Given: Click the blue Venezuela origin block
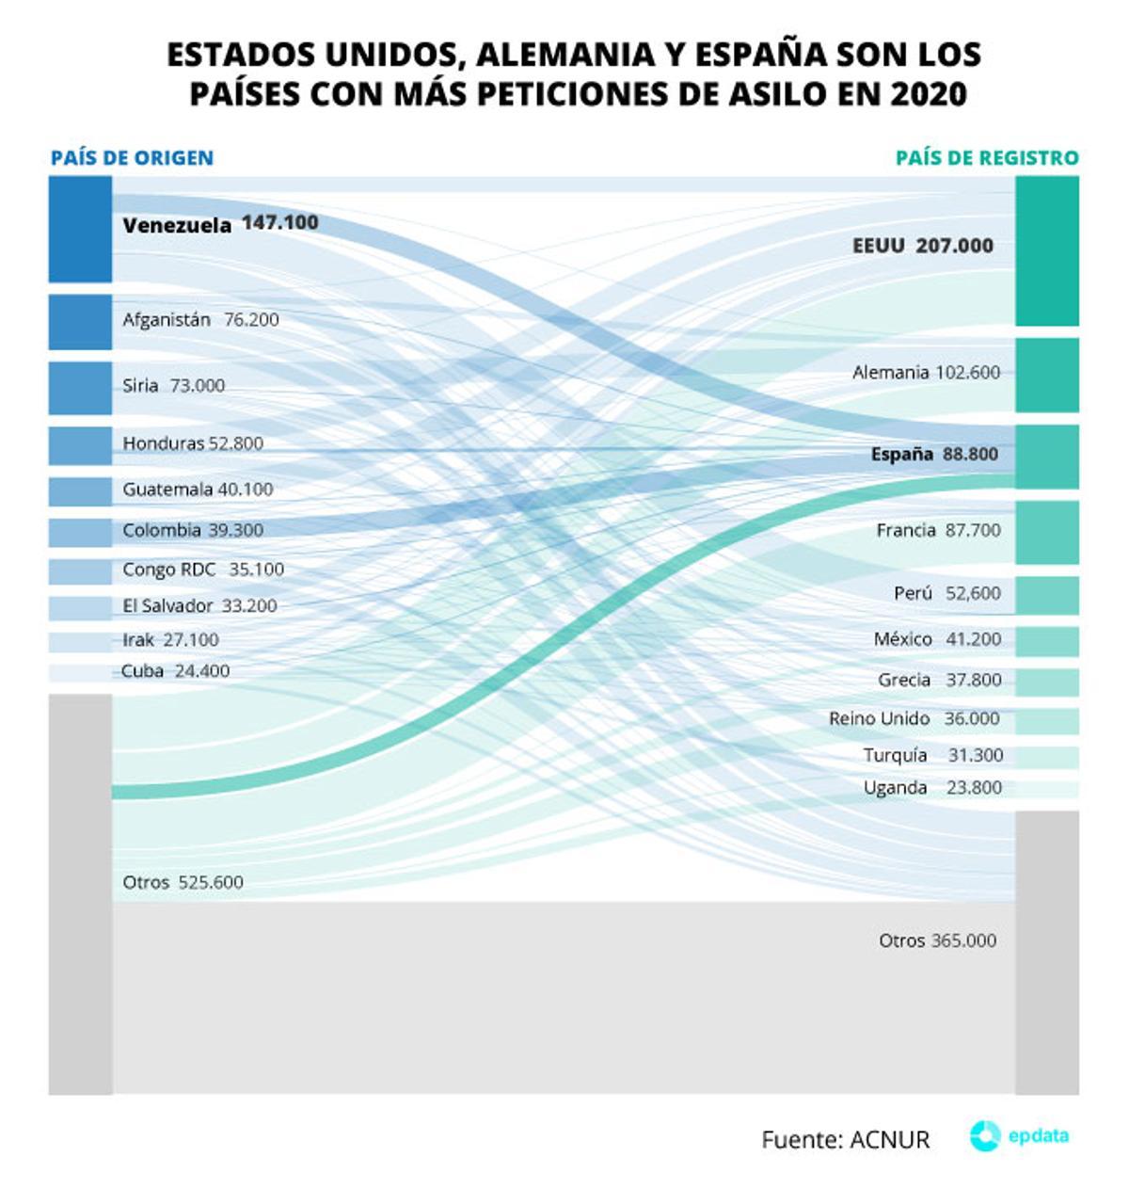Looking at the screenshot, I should coord(80,229).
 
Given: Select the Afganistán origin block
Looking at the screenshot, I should coord(80,322).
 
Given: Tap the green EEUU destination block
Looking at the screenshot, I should coord(1046,250).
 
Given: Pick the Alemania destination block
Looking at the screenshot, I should coord(1046,375).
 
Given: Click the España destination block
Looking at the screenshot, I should coord(1046,457).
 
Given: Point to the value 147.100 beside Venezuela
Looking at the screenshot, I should coord(279,223).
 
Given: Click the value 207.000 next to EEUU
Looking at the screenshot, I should coord(954,246).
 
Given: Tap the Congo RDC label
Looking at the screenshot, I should coord(168,570).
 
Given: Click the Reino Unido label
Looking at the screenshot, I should coord(879,719).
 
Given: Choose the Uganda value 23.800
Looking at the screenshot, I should coord(974,788).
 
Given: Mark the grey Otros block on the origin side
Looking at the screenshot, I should coord(80,894).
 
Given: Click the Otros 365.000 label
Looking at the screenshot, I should coord(937,940).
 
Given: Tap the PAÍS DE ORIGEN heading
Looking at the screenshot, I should coord(132,158).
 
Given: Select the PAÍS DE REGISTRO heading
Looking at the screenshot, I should coord(986,158).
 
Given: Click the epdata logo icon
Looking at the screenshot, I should coord(984,1136).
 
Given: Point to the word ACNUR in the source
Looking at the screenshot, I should coord(889,1140).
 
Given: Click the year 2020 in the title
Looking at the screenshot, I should coord(927,94).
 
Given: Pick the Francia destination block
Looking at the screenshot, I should coord(1046,533).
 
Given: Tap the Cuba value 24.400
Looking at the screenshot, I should coord(201,671).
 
